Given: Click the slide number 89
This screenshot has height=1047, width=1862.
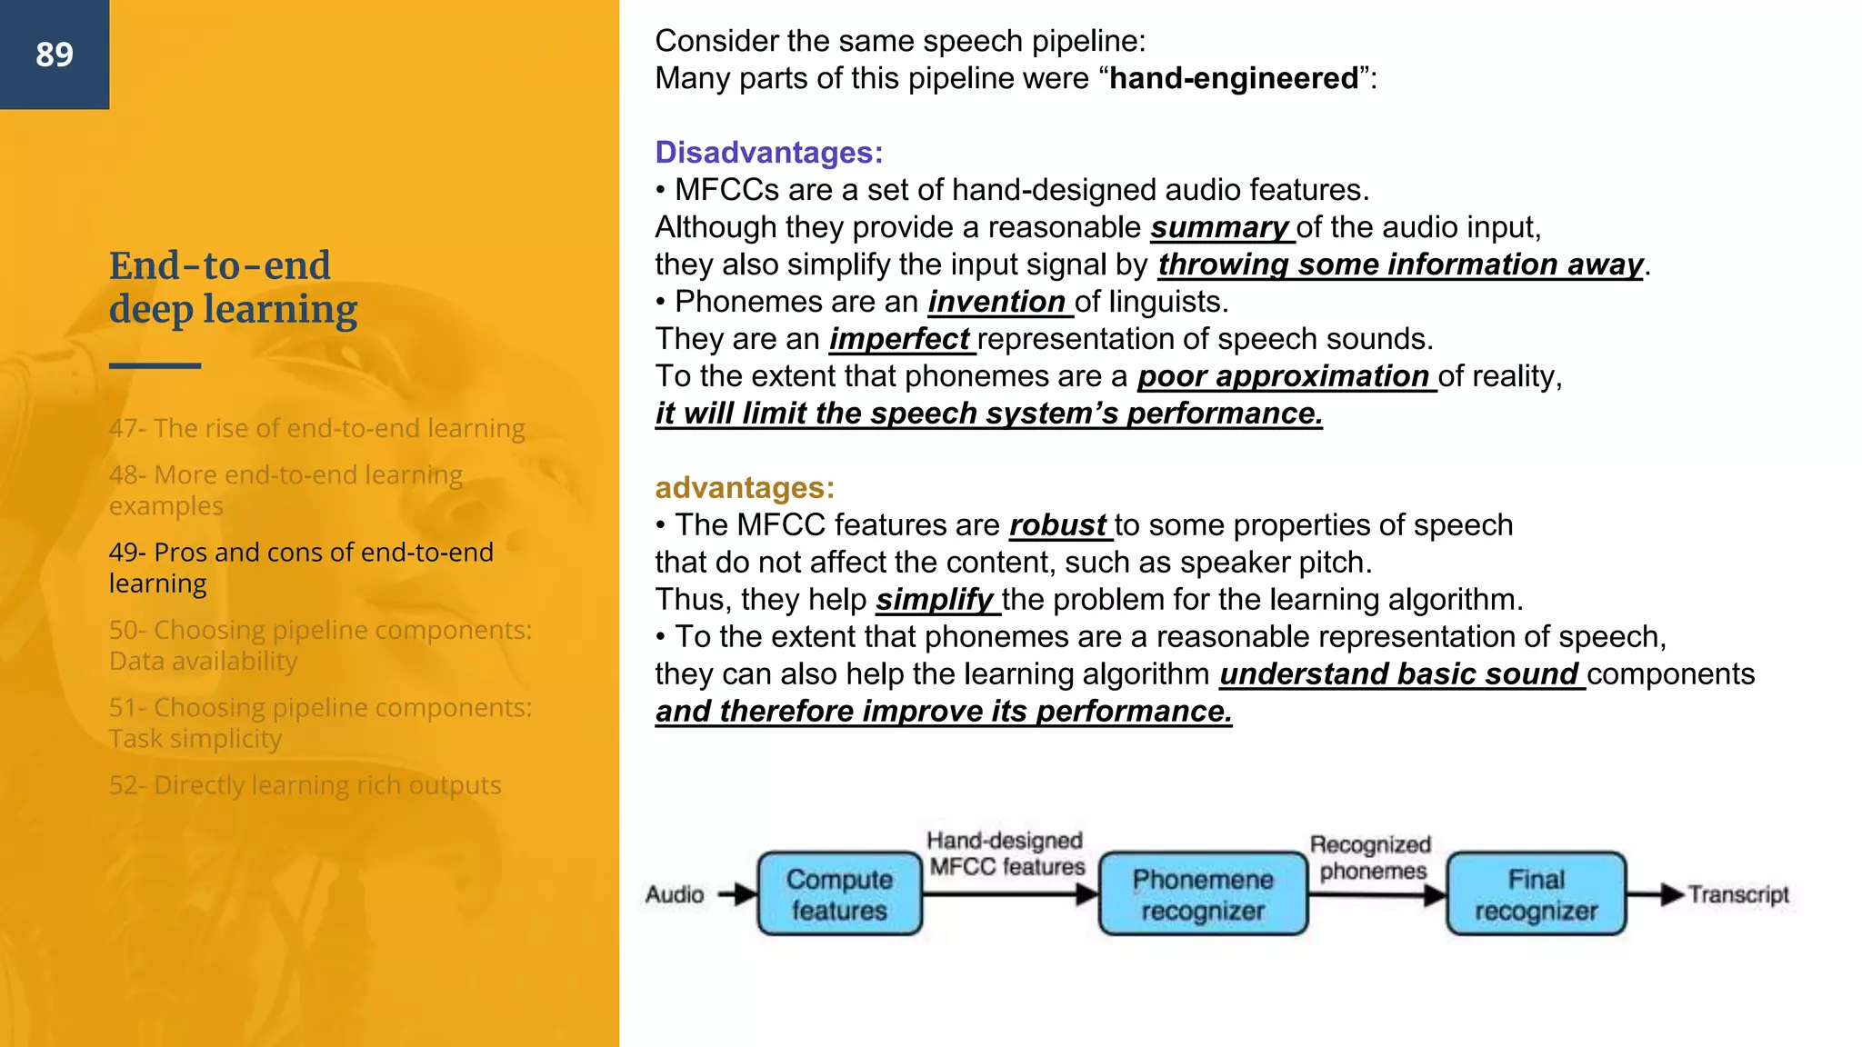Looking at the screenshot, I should coord(55,55).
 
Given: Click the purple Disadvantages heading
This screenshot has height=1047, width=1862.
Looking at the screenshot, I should coord(768,153).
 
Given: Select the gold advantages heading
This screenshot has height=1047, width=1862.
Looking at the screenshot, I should coord(744,488).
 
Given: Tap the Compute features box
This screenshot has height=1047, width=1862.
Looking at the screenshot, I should coord(839,894).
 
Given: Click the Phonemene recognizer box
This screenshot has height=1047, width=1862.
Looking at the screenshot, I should coord(1203,894).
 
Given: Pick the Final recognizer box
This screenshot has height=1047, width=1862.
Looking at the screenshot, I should coord(1536,894).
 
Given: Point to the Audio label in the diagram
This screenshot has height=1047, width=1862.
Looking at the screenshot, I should coord(675,894).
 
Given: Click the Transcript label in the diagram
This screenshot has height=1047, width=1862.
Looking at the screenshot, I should coord(1738,894).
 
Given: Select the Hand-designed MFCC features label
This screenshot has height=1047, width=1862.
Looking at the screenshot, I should coord(1006,853).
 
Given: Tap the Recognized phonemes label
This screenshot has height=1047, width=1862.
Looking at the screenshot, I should coord(1371,857).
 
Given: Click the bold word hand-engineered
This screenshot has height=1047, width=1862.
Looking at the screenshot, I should coord(1234,78).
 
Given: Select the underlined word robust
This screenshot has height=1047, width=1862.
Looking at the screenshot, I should coord(1057,525).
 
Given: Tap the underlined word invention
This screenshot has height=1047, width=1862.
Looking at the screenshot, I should coord(996,302).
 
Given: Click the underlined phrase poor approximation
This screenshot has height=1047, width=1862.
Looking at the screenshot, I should coord(1283,376).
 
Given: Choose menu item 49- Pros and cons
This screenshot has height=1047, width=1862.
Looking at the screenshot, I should coord(300,567).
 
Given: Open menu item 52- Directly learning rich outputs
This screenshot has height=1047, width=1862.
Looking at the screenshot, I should coord(305,785).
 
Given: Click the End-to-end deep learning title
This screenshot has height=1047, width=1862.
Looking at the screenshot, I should coord(233,287).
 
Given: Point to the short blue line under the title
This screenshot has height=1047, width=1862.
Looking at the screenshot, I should coord(155,365).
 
